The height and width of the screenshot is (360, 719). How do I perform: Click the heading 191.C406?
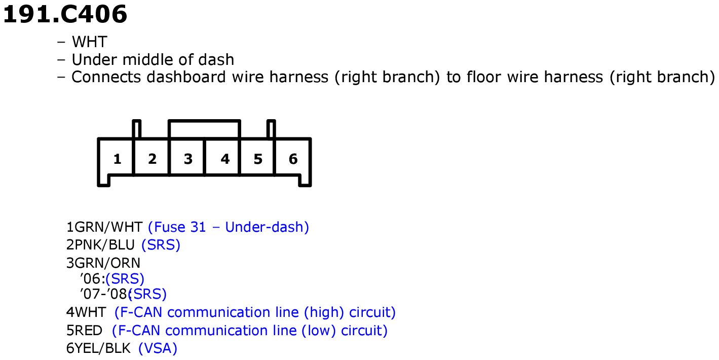coord(65,15)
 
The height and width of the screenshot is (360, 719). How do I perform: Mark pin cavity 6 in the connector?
coord(293,159)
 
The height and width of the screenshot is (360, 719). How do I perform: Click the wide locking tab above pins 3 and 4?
coord(205,121)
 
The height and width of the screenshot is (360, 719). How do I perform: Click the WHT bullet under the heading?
coord(89,42)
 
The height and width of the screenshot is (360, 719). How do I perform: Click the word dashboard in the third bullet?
coord(186,77)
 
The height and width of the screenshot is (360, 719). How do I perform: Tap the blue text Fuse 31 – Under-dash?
coord(229,227)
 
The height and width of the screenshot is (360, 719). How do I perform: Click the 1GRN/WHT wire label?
coord(104,227)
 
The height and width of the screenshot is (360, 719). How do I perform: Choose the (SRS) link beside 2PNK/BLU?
coord(161,245)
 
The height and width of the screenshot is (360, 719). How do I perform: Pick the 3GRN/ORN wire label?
coord(103,263)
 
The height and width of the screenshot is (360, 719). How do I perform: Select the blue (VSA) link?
coord(158,348)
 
